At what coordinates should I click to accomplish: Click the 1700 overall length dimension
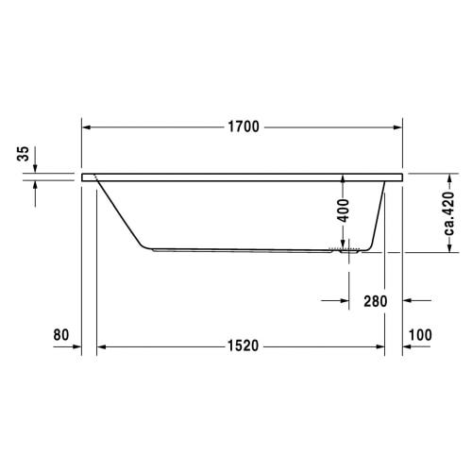(244, 126)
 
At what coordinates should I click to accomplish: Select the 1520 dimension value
(243, 346)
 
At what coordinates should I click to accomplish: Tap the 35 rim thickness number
(23, 154)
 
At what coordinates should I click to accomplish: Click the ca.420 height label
(449, 213)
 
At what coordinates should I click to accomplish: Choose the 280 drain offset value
(376, 301)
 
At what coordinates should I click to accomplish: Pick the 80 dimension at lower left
(61, 335)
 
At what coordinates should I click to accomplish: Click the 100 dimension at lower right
(420, 335)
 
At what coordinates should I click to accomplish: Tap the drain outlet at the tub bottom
(349, 251)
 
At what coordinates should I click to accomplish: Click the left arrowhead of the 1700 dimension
(86, 127)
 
